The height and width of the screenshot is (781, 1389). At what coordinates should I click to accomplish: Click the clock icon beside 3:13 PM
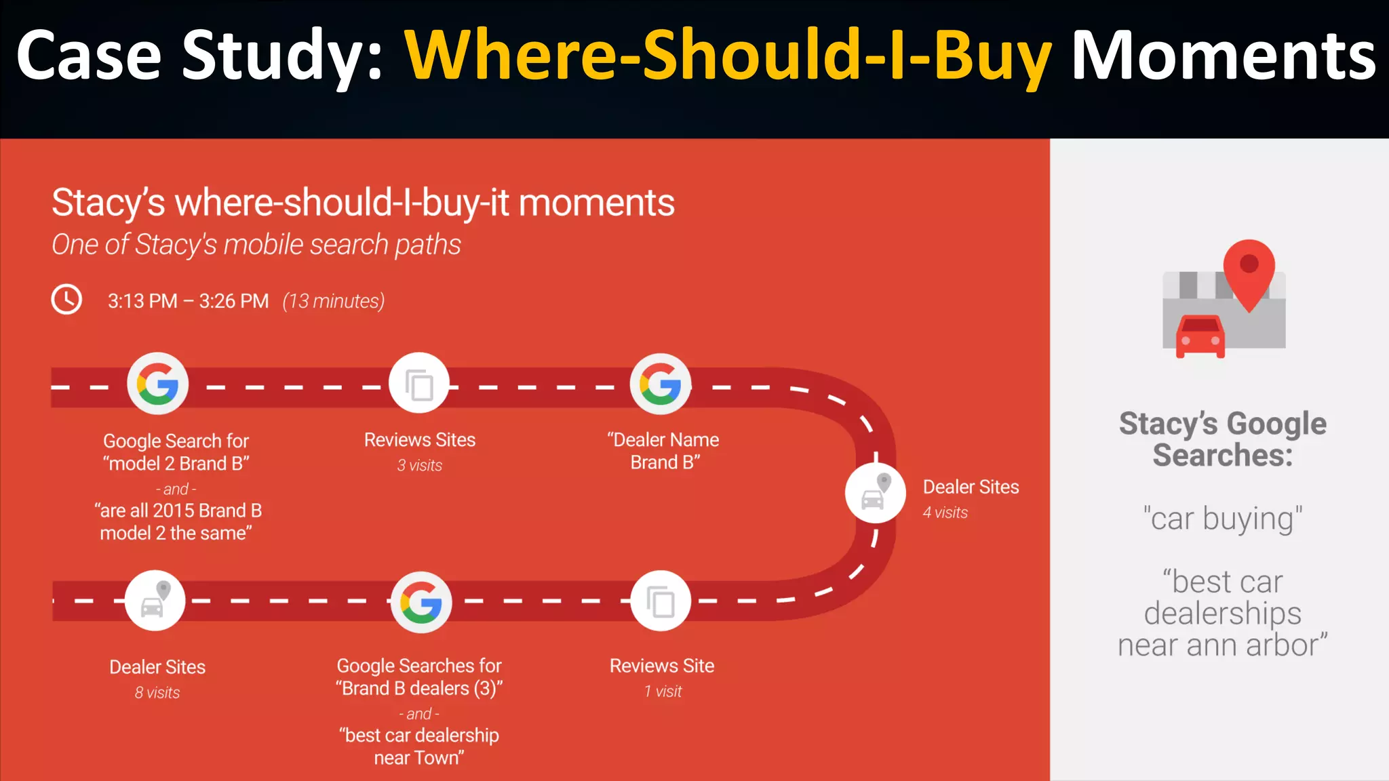(66, 300)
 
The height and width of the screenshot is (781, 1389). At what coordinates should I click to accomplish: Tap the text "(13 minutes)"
(333, 301)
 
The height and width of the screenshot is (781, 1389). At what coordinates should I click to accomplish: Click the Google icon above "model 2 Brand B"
(157, 384)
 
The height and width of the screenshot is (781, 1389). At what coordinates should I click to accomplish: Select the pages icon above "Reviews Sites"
(419, 384)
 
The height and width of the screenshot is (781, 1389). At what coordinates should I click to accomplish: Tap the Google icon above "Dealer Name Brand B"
(661, 384)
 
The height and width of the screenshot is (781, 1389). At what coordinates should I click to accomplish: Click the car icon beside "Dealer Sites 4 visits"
(875, 494)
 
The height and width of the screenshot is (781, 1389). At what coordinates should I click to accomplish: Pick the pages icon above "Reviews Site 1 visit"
(661, 601)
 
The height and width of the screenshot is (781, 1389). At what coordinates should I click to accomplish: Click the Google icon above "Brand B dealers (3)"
(421, 602)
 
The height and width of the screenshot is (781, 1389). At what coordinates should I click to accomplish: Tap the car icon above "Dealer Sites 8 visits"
(155, 601)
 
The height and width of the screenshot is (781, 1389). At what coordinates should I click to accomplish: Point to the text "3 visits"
(419, 466)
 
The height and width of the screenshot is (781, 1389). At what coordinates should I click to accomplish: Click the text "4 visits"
(945, 513)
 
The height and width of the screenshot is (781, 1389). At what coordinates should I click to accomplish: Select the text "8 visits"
(157, 693)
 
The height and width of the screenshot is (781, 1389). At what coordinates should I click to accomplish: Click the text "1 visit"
(663, 692)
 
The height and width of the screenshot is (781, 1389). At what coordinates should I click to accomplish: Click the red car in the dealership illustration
(1200, 336)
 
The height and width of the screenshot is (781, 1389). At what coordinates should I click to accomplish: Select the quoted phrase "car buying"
(1222, 519)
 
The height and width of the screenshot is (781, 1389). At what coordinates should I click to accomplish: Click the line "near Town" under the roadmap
(419, 758)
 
